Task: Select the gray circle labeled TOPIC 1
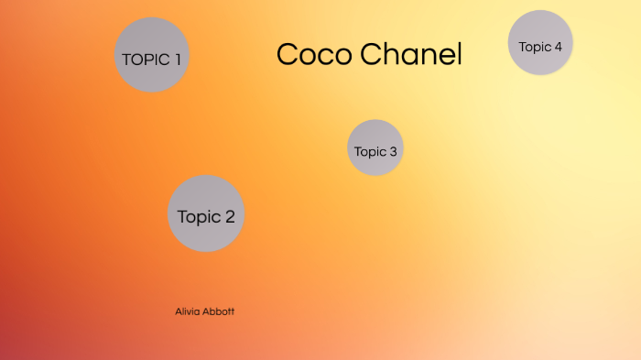click(x=152, y=55)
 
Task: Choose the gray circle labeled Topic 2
click(x=206, y=213)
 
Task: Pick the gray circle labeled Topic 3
click(x=375, y=147)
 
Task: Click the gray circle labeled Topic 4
click(x=540, y=42)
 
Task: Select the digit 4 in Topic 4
click(x=558, y=46)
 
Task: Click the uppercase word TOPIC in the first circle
click(x=146, y=60)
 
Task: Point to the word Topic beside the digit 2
click(x=199, y=217)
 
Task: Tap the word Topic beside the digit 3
click(x=371, y=152)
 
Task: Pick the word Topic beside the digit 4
click(x=535, y=46)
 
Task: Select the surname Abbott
click(x=221, y=311)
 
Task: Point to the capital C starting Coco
click(x=287, y=55)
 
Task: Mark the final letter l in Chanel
click(x=458, y=54)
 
